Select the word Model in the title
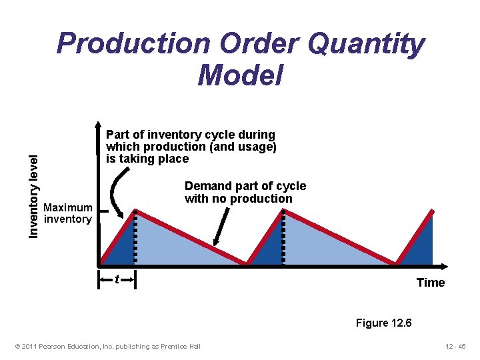pos(240,75)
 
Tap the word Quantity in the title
pos(366,45)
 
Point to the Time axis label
pos(430,283)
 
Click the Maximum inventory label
pos(67,213)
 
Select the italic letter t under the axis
pos(117,279)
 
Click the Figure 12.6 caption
pos(383,323)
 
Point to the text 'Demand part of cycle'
pos(245,186)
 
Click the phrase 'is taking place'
pos(147,159)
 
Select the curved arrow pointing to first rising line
pos(115,190)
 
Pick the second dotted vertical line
pos(284,237)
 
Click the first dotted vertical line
pos(135,237)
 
